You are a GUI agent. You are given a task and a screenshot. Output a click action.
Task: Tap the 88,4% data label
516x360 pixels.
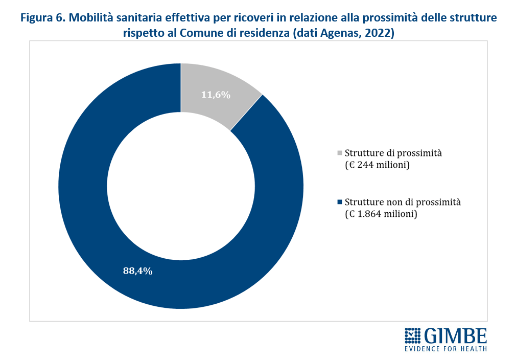pos(137,271)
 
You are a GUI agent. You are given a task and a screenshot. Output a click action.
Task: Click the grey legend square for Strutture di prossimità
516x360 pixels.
pos(340,152)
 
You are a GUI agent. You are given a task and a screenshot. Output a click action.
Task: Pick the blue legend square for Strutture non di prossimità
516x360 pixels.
pos(340,201)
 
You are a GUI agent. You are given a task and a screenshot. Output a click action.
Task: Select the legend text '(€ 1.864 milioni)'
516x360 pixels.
pos(381,214)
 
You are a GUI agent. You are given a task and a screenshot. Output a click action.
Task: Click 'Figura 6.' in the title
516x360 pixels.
pos(42,18)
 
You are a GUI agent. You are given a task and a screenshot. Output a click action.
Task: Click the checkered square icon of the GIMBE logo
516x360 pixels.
pos(413,335)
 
